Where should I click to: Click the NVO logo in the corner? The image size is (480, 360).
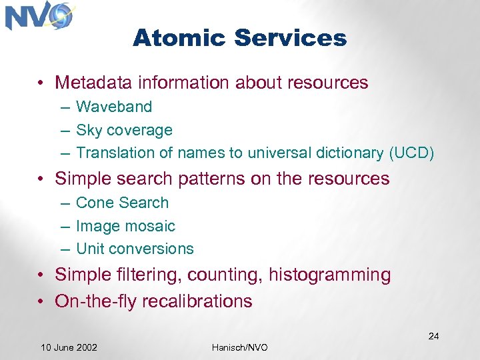coord(39,16)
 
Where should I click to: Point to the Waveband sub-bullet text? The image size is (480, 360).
coord(114,107)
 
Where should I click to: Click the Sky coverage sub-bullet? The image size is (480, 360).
coord(124,130)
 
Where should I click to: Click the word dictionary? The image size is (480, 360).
coord(347,153)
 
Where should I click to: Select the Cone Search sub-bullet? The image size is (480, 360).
coord(123,203)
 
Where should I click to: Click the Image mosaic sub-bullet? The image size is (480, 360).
coord(125,226)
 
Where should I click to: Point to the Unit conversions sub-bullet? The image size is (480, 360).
coord(135,249)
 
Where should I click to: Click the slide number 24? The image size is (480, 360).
coord(433,336)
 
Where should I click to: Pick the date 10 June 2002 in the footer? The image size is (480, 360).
coord(69,347)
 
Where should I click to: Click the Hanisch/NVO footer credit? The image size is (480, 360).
coord(240,348)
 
